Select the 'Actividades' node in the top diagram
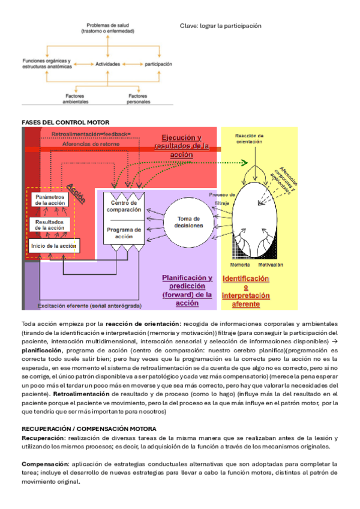pyautogui.click(x=108, y=63)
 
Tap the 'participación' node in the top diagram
pyautogui.click(x=158, y=63)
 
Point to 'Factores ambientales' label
pyautogui.click(x=76, y=98)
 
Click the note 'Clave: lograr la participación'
pyautogui.click(x=221, y=26)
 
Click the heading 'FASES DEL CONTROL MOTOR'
pyautogui.click(x=57, y=122)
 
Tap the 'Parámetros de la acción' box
pyautogui.click(x=50, y=200)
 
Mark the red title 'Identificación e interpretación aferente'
pyautogui.click(x=246, y=291)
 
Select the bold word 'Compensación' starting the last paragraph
pyautogui.click(x=45, y=464)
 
